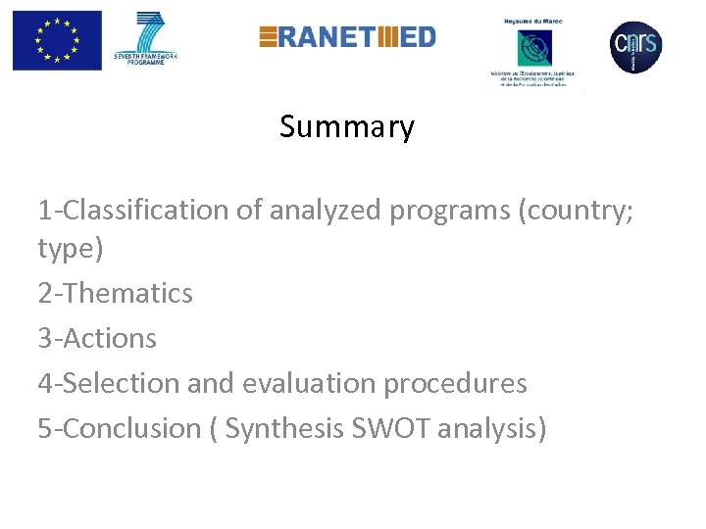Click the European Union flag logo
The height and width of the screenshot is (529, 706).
(x=57, y=40)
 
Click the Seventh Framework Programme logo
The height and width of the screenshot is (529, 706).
(x=151, y=40)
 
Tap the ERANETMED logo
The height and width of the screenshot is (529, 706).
(x=347, y=37)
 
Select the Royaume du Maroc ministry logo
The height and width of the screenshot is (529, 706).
(x=534, y=50)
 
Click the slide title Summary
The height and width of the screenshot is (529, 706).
(x=347, y=127)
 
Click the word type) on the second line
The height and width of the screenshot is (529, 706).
(x=70, y=250)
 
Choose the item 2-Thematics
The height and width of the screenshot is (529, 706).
(x=116, y=293)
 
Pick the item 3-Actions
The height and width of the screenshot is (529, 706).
(x=97, y=338)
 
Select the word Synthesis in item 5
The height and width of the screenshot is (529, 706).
(x=283, y=428)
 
